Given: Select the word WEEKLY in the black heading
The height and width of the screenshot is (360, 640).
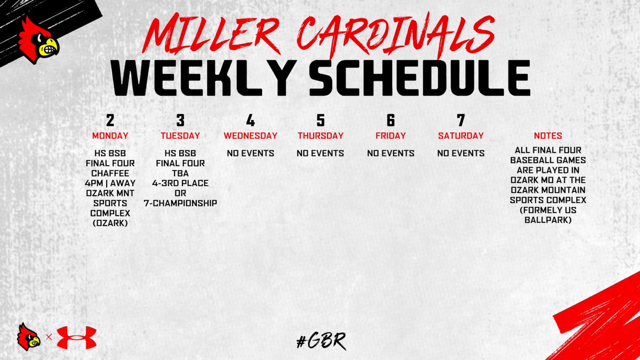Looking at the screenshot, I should pyautogui.click(x=203, y=78).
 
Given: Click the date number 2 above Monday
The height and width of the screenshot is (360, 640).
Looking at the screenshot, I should pyautogui.click(x=110, y=120).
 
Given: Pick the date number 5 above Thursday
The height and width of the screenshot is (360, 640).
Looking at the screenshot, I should pyautogui.click(x=321, y=120).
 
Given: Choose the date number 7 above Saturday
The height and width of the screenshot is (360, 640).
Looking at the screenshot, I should pyautogui.click(x=461, y=120).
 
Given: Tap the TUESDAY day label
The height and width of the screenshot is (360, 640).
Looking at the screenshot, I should pyautogui.click(x=180, y=135).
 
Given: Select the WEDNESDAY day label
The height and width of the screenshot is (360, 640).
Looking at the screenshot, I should pyautogui.click(x=250, y=135).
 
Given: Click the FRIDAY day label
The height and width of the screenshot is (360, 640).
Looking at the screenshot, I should pyautogui.click(x=390, y=135).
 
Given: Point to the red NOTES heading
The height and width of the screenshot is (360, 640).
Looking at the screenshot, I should pyautogui.click(x=548, y=136).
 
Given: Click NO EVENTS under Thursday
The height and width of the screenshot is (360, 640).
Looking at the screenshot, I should pyautogui.click(x=321, y=154).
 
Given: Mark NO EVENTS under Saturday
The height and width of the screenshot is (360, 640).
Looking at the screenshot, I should pyautogui.click(x=461, y=154).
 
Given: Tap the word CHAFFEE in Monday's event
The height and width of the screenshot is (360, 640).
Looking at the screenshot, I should pyautogui.click(x=110, y=173).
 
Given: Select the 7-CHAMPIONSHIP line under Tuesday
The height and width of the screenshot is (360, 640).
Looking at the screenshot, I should pyautogui.click(x=180, y=203).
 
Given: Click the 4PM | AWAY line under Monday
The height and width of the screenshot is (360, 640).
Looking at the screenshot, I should pyautogui.click(x=110, y=183).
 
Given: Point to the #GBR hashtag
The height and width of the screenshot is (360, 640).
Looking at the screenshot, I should pyautogui.click(x=320, y=340).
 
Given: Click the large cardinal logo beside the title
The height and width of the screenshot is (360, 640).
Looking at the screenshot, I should pyautogui.click(x=37, y=40).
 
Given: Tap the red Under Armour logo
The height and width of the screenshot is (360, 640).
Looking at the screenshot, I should pyautogui.click(x=76, y=338).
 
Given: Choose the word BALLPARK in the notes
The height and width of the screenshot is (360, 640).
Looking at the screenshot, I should pyautogui.click(x=548, y=220).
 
